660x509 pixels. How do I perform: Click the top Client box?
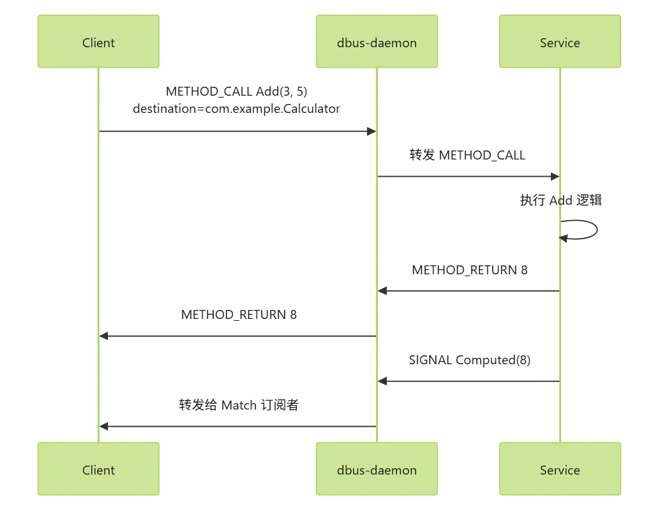click(x=98, y=41)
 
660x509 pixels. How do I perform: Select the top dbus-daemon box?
click(x=377, y=41)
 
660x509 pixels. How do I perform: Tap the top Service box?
click(x=560, y=41)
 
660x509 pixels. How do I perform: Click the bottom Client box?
click(x=98, y=469)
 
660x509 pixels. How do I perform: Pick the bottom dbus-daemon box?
click(x=377, y=469)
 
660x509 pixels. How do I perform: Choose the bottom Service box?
click(x=560, y=469)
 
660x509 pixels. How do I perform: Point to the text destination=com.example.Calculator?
click(x=237, y=109)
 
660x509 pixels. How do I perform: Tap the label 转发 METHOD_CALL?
click(x=467, y=155)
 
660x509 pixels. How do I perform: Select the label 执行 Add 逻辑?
click(x=560, y=200)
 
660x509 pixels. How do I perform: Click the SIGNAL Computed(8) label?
click(x=469, y=360)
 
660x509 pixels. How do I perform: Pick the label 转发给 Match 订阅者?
click(x=239, y=405)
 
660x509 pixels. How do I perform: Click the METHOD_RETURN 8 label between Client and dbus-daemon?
click(x=239, y=314)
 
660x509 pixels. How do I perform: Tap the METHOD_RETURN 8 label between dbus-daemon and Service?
click(x=469, y=270)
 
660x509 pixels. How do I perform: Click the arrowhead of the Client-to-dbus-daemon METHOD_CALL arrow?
click(x=371, y=131)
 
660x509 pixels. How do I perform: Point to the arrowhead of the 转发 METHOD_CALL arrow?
click(x=555, y=176)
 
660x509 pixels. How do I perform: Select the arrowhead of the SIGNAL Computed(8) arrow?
click(x=382, y=381)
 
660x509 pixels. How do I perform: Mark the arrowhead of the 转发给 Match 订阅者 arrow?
click(x=104, y=426)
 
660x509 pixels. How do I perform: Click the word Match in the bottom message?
click(x=239, y=405)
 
